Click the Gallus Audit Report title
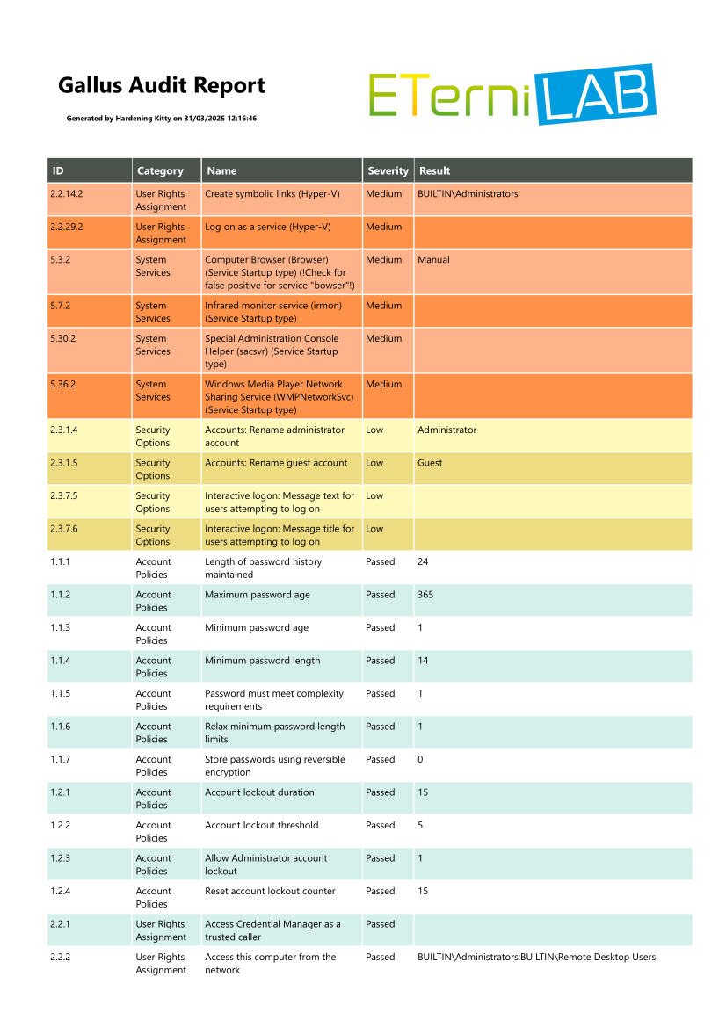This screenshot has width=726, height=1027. tap(162, 85)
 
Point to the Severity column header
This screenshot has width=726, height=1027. tap(388, 170)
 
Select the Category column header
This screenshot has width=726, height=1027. tap(160, 170)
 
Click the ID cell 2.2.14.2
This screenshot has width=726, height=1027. tap(69, 193)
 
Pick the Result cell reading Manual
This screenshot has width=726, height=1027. tap(433, 260)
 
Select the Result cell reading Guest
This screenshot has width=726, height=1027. tap(430, 463)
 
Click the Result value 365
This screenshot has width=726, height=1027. tap(425, 595)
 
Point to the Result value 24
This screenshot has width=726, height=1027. tap(423, 561)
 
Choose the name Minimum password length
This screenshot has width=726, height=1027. tap(262, 661)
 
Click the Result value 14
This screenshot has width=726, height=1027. tap(423, 661)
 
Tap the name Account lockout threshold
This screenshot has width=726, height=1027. tap(261, 825)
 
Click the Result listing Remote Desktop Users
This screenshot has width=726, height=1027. tap(536, 957)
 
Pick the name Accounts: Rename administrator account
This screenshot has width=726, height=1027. tap(274, 437)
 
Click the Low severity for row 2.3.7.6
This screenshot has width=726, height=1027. tap(374, 529)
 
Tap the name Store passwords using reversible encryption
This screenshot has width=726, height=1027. tap(274, 765)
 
